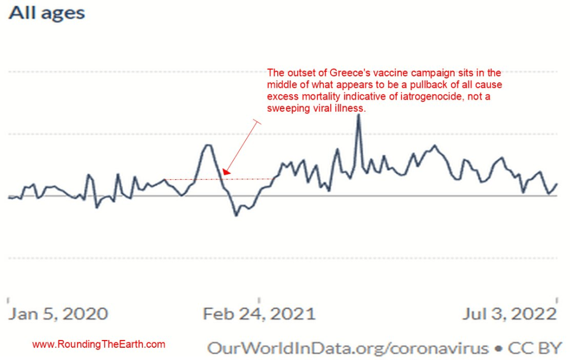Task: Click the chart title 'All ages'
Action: coord(47,13)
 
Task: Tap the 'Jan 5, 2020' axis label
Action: coord(58,314)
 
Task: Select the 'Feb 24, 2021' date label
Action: coord(259,314)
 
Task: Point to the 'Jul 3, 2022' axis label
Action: coord(509,314)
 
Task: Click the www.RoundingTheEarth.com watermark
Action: coord(99,344)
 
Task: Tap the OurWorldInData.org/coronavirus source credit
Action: coord(347,348)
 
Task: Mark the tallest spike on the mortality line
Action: coord(358,115)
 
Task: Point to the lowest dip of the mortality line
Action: coord(236,215)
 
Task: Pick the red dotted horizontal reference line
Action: coord(223,179)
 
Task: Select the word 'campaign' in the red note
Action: coord(424,73)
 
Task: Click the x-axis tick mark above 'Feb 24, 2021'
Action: coord(259,299)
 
